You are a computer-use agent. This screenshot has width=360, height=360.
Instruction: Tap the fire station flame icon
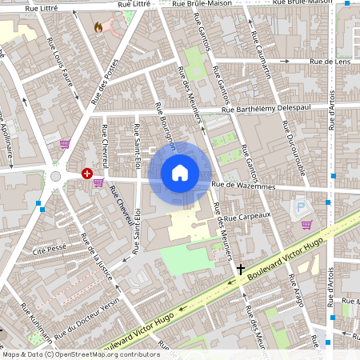[98, 26]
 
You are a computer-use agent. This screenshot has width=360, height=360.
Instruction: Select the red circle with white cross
[86, 173]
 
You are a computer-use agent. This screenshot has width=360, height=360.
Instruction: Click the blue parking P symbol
[301, 207]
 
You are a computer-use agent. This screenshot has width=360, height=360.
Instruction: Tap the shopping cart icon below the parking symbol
[306, 224]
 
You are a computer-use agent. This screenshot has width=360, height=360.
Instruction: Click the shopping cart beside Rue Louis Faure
[64, 144]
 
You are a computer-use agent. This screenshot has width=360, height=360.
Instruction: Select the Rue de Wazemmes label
[243, 186]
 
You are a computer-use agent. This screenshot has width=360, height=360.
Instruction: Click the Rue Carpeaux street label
[248, 216]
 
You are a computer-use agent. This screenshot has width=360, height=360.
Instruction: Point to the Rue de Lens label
[330, 61]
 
